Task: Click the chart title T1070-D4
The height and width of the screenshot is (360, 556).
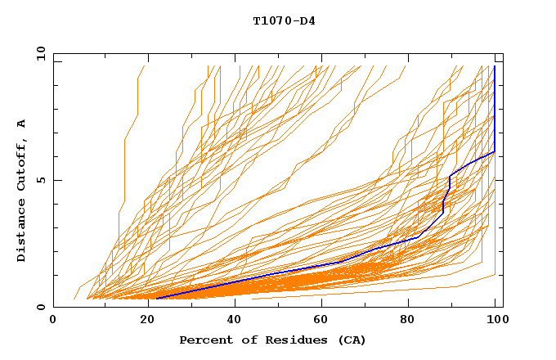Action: click(x=284, y=20)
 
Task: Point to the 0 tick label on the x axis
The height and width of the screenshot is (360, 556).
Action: click(x=53, y=320)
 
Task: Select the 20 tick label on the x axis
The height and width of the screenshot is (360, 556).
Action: click(x=142, y=320)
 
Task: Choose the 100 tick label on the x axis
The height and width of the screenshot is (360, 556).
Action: click(x=495, y=320)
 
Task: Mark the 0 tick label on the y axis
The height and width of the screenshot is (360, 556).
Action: click(x=40, y=307)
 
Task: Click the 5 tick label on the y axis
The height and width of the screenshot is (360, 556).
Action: click(x=40, y=180)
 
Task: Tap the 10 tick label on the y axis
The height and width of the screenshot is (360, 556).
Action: click(x=37, y=53)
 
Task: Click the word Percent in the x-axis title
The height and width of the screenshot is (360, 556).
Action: click(x=201, y=340)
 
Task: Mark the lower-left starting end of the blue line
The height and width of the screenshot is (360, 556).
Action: click(x=157, y=299)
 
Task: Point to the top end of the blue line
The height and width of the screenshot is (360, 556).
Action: click(x=495, y=66)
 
